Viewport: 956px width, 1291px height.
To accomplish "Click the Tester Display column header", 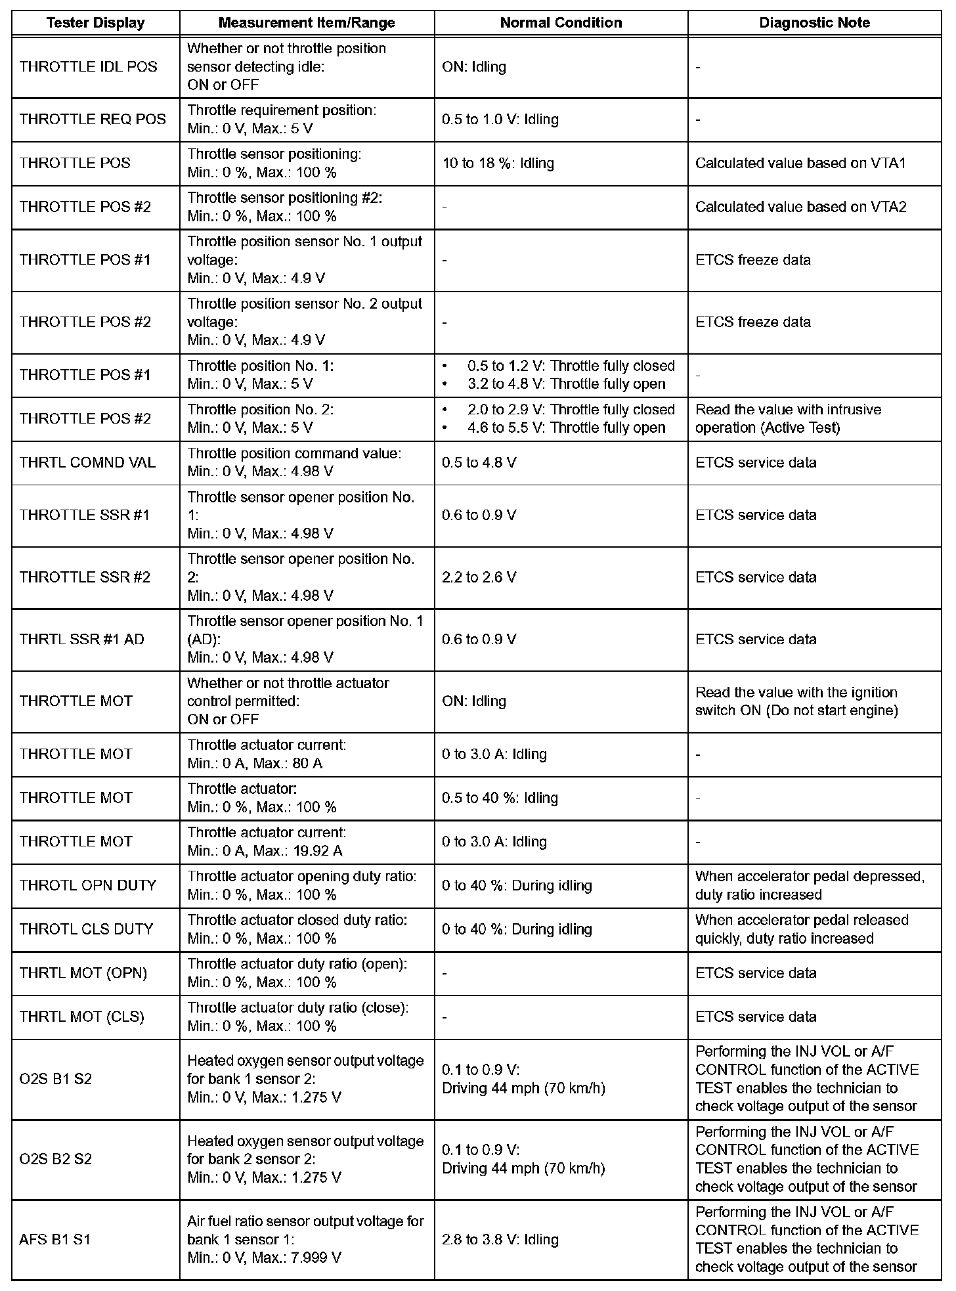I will pyautogui.click(x=95, y=23).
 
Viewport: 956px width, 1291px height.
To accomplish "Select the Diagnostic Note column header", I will pyautogui.click(x=814, y=23).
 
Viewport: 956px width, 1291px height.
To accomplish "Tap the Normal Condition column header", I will pyautogui.click(x=561, y=23).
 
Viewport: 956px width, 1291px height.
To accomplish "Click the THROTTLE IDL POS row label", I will pyautogui.click(x=89, y=67).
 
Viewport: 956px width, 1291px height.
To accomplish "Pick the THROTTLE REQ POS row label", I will pyautogui.click(x=93, y=120).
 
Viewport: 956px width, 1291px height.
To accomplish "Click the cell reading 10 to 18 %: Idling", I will pyautogui.click(x=498, y=164).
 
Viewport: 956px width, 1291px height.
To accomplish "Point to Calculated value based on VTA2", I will pyautogui.click(x=800, y=208).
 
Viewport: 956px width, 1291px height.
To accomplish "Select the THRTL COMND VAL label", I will pyautogui.click(x=87, y=463).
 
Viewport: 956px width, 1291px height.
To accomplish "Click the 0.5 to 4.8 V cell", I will pyautogui.click(x=479, y=463).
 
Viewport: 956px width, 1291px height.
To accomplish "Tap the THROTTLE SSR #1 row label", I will pyautogui.click(x=85, y=515).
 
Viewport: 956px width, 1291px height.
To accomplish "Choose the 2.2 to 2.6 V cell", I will pyautogui.click(x=479, y=577).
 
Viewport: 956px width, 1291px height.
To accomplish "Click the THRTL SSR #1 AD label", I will pyautogui.click(x=82, y=640).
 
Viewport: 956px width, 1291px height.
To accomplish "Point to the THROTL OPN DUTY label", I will pyautogui.click(x=88, y=885).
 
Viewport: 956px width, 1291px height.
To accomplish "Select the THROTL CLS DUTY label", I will pyautogui.click(x=86, y=929).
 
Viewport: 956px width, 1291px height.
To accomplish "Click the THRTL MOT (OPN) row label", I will pyautogui.click(x=83, y=973).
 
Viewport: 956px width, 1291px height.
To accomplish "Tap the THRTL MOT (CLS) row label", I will pyautogui.click(x=82, y=1017).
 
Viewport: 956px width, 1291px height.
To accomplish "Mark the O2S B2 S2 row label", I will pyautogui.click(x=56, y=1159).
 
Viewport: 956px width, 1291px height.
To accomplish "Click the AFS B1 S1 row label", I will pyautogui.click(x=55, y=1239).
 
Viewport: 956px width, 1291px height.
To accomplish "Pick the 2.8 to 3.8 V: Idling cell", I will pyautogui.click(x=500, y=1239).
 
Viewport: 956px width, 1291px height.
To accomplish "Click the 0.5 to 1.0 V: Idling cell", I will pyautogui.click(x=500, y=120).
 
